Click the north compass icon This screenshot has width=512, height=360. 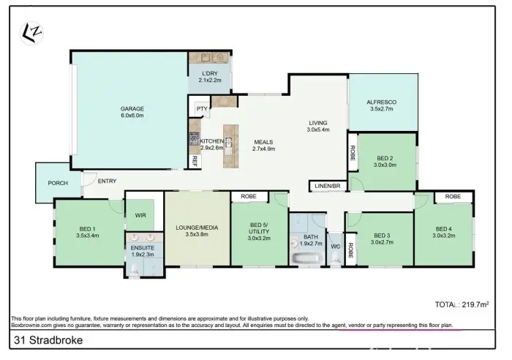pyautogui.click(x=31, y=33)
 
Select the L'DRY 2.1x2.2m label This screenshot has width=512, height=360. pyautogui.click(x=210, y=77)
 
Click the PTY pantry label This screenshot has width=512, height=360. pyautogui.click(x=202, y=108)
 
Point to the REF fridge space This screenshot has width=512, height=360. pyautogui.click(x=195, y=162)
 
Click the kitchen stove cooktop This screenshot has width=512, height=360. pyautogui.click(x=194, y=138)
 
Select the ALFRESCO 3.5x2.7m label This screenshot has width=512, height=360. pyautogui.click(x=381, y=105)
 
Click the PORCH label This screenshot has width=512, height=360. pyautogui.click(x=58, y=183)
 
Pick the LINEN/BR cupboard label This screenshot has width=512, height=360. pyautogui.click(x=328, y=186)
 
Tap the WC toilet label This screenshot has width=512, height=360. pyautogui.click(x=335, y=247)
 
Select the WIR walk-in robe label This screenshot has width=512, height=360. pyautogui.click(x=140, y=215)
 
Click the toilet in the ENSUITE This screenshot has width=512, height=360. pyautogui.click(x=135, y=269)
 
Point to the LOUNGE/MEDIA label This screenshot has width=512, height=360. pyautogui.click(x=197, y=228)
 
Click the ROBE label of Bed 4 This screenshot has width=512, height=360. pyautogui.click(x=453, y=196)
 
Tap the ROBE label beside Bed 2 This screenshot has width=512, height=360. pyautogui.click(x=353, y=152)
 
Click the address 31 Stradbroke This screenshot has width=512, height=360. pyautogui.click(x=48, y=340)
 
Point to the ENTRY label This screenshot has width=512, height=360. pyautogui.click(x=107, y=181)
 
